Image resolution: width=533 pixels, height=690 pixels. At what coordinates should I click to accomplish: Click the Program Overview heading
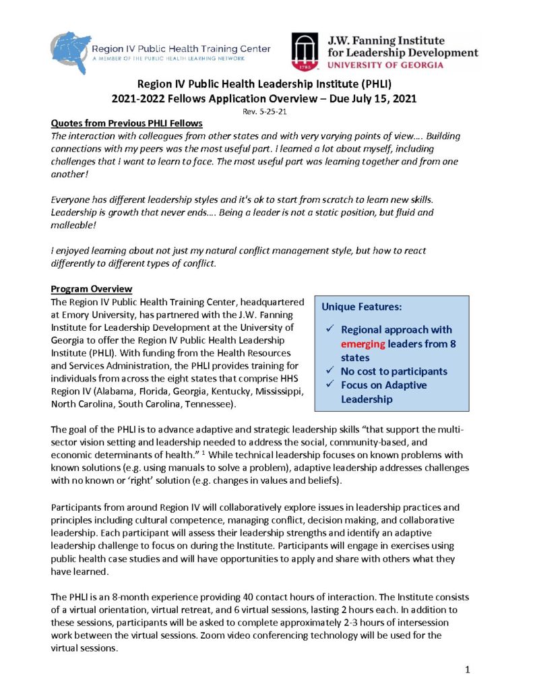(x=92, y=289)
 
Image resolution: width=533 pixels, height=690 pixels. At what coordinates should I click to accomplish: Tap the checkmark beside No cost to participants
(x=328, y=371)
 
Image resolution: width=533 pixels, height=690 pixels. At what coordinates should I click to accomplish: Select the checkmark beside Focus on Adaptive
(x=328, y=385)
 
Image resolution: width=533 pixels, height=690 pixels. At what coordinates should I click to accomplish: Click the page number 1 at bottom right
(x=466, y=671)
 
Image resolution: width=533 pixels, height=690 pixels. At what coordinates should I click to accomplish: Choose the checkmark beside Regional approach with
(x=328, y=330)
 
